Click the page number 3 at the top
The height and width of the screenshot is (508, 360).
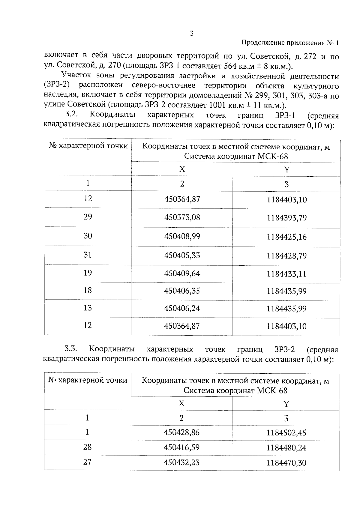click(x=192, y=34)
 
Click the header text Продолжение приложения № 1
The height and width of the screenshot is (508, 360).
click(x=290, y=43)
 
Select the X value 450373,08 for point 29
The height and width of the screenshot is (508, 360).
click(x=182, y=217)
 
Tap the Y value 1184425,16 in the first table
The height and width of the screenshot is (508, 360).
click(x=287, y=237)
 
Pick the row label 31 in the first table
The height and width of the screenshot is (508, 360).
click(x=87, y=255)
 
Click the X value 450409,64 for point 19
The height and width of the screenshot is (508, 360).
click(x=182, y=273)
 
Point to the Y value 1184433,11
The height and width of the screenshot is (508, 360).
click(x=287, y=274)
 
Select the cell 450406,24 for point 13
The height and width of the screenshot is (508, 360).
click(x=182, y=308)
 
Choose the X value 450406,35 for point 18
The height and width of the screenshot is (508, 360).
click(x=182, y=291)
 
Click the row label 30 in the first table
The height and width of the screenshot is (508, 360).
click(x=88, y=236)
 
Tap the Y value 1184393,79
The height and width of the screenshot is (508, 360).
click(x=287, y=218)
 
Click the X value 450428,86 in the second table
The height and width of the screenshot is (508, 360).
click(x=181, y=432)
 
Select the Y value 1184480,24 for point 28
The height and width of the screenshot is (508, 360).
click(x=286, y=448)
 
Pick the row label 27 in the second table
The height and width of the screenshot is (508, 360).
click(x=87, y=462)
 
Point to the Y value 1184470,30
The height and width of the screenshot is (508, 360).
click(x=286, y=463)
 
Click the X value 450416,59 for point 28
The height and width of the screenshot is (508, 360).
click(x=181, y=447)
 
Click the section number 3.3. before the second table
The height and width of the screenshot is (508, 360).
click(x=71, y=349)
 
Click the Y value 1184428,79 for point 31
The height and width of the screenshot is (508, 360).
click(x=287, y=256)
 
